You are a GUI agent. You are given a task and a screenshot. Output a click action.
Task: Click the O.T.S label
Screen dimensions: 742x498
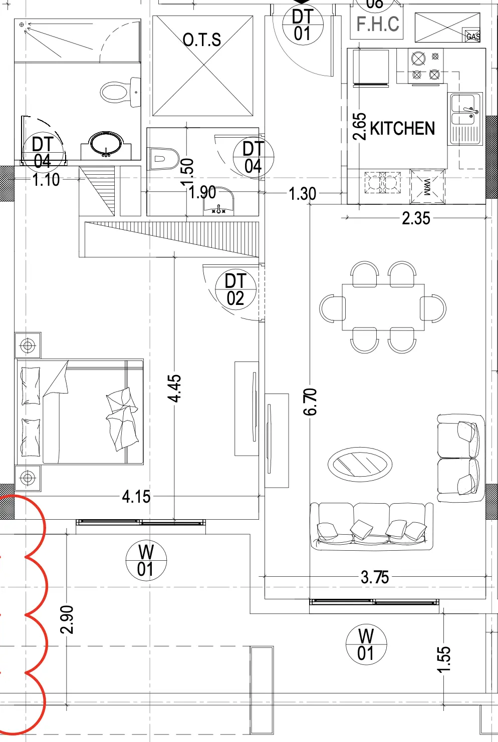pyautogui.click(x=202, y=40)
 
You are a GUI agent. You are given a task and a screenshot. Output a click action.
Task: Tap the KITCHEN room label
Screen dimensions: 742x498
pyautogui.click(x=402, y=129)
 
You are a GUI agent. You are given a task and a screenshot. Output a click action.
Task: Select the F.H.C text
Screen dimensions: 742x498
pyautogui.click(x=378, y=24)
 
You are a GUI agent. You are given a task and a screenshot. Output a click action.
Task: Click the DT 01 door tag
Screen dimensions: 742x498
pyautogui.click(x=302, y=25)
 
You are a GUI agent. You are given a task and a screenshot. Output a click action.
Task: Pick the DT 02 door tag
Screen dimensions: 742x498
pyautogui.click(x=235, y=289)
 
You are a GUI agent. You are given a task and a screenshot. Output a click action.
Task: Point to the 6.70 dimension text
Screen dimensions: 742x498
pyautogui.click(x=310, y=402)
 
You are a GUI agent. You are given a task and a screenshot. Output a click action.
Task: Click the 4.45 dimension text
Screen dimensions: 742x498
pyautogui.click(x=174, y=389)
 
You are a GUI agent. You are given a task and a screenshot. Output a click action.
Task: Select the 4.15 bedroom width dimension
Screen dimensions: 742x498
pyautogui.click(x=136, y=497)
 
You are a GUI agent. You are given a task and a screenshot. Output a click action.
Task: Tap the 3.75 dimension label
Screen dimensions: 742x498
pyautogui.click(x=375, y=577)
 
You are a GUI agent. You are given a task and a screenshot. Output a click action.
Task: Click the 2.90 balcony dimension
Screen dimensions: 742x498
pyautogui.click(x=67, y=619)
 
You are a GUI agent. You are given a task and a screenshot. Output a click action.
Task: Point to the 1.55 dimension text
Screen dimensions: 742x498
pyautogui.click(x=444, y=659)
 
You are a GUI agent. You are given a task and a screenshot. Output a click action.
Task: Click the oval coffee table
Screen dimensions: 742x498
pyautogui.click(x=360, y=464)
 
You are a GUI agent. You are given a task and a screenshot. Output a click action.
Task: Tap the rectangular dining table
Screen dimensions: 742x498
pyautogui.click(x=383, y=307)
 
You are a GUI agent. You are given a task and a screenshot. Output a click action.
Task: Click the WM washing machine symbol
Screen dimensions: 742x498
pyautogui.click(x=427, y=187)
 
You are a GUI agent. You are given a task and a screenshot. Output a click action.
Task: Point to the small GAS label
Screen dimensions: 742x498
pyautogui.click(x=473, y=37)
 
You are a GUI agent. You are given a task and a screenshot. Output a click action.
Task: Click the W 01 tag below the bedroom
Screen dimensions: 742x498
pyautogui.click(x=145, y=560)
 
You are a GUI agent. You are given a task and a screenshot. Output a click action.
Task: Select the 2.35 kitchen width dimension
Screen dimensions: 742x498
pyautogui.click(x=416, y=218)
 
